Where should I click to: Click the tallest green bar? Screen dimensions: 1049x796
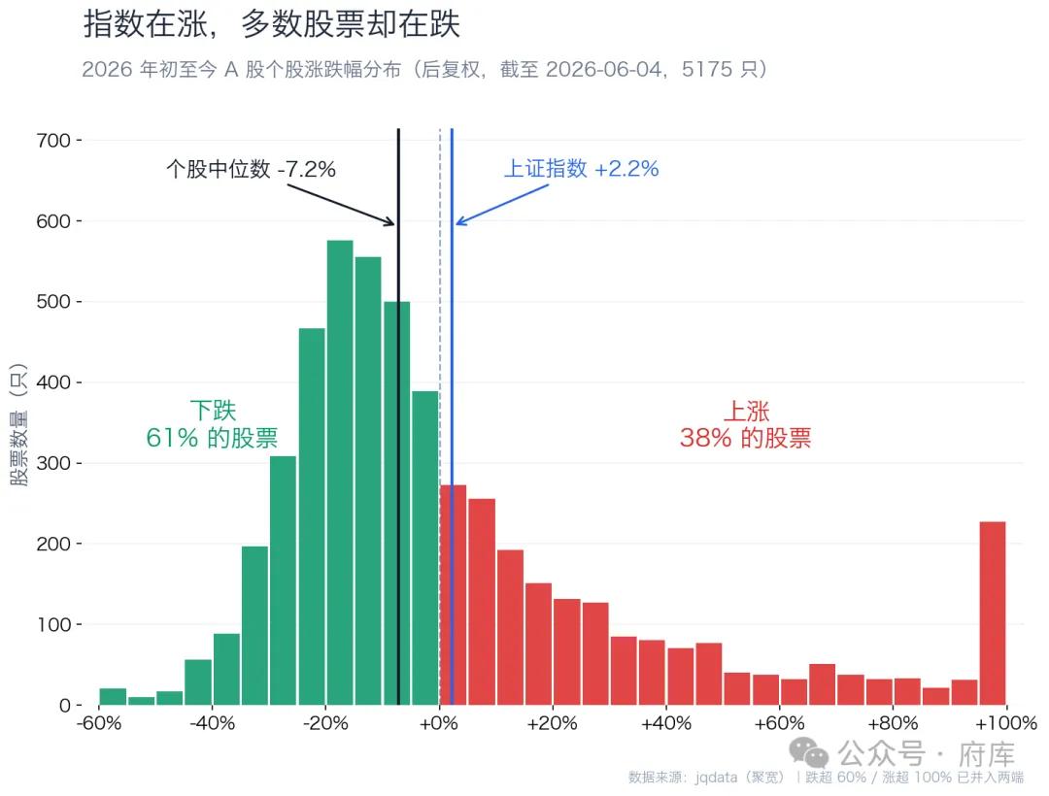340,473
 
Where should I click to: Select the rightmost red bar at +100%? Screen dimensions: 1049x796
993,613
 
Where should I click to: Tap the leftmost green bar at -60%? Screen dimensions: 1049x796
113,696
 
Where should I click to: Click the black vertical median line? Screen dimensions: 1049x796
399,416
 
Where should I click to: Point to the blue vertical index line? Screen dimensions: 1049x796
452,416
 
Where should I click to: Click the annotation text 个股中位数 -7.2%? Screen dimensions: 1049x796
251,169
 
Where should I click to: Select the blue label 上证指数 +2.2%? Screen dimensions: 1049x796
582,169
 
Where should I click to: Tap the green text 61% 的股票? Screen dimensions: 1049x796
212,438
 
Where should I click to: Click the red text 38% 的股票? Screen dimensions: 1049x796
745,438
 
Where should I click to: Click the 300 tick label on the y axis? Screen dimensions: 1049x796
53,463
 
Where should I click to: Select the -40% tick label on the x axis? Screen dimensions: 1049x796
213,723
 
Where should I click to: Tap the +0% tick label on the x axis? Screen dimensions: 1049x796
439,723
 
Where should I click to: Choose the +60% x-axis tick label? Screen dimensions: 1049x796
779,723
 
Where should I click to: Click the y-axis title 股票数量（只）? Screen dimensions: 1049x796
18,425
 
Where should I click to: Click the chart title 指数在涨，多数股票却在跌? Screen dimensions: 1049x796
272,24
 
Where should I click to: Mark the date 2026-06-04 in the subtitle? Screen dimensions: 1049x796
603,70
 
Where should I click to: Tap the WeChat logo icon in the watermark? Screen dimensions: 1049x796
808,752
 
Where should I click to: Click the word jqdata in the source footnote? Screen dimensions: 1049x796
717,778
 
